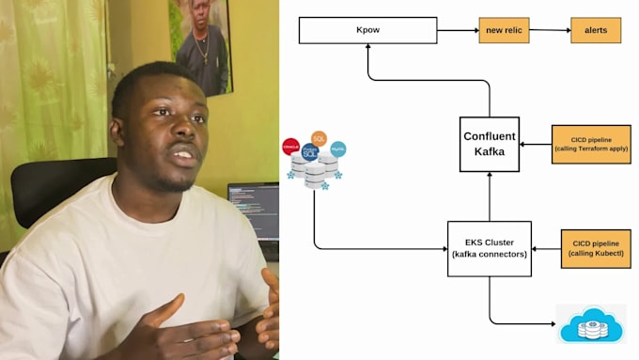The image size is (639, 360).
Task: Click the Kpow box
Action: tap(367, 30)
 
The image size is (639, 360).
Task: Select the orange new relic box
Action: tap(505, 30)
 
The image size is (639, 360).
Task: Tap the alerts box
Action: tap(596, 30)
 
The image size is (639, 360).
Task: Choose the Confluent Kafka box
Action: tap(489, 144)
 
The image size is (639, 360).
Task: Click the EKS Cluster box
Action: tap(489, 248)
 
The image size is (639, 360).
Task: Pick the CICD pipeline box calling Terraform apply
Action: tap(591, 144)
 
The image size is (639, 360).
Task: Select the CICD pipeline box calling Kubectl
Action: tap(596, 248)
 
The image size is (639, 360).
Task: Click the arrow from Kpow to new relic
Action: tap(457, 30)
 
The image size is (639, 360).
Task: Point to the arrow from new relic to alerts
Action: tap(551, 30)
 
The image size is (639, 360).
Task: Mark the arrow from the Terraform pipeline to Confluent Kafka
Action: tap(536, 145)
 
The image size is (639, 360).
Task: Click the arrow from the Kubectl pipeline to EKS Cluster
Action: tap(546, 249)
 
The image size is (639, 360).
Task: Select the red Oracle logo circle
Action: tap(291, 147)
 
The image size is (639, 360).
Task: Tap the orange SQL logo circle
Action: tap(319, 138)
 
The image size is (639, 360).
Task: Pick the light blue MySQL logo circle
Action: tap(338, 149)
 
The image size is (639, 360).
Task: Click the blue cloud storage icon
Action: tap(590, 324)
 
